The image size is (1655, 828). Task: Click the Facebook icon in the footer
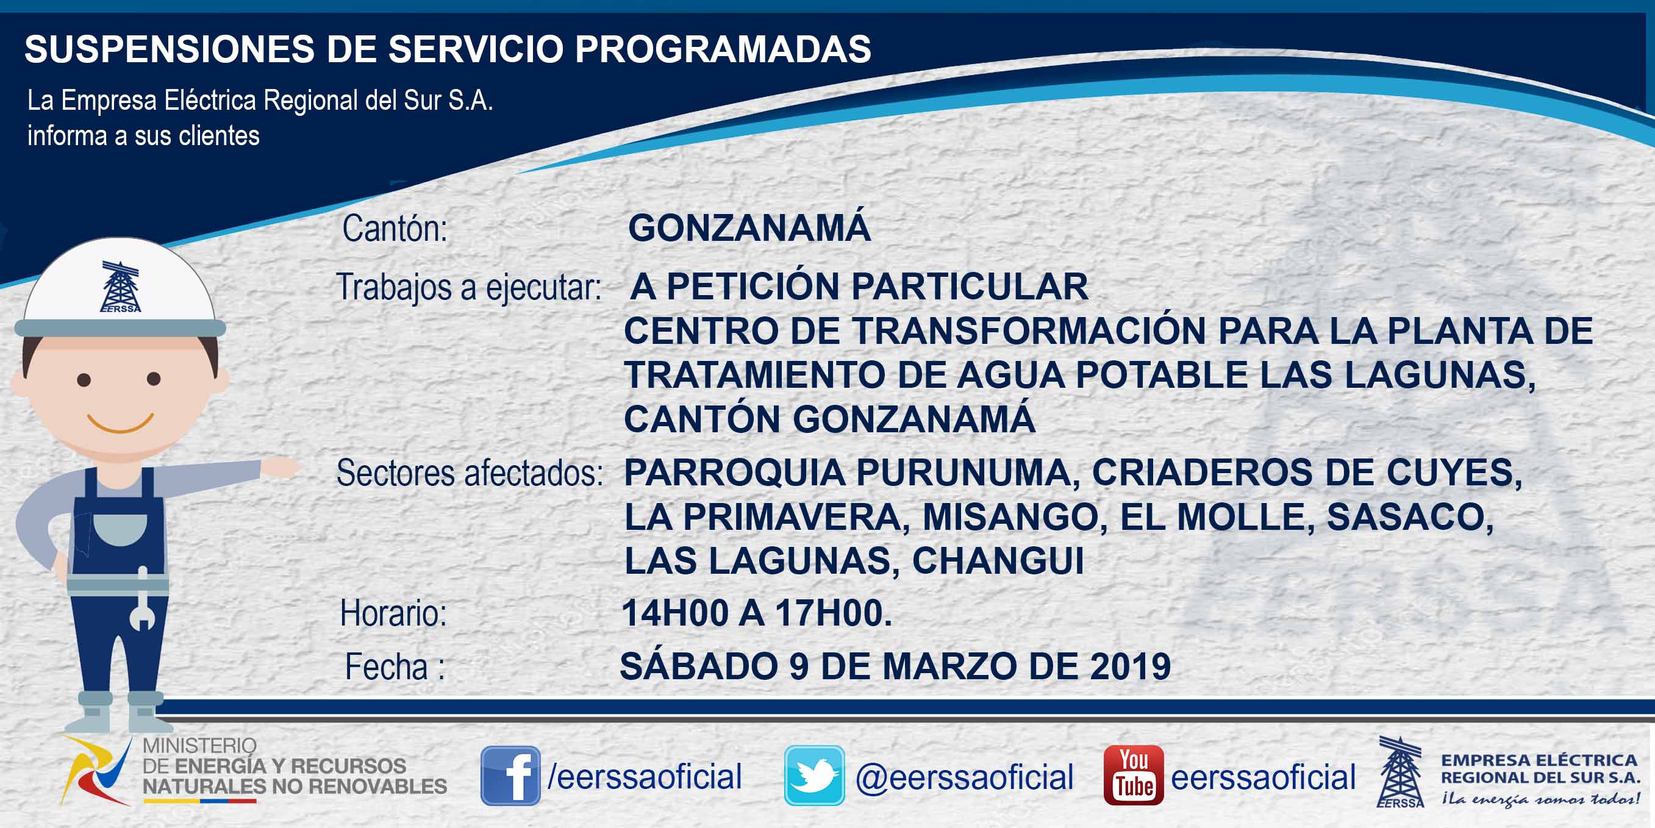point(510,776)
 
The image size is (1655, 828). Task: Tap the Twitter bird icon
point(814,776)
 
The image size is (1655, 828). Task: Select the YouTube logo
point(1133,776)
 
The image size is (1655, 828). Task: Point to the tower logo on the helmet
point(121,287)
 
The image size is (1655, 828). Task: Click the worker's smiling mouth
point(120,423)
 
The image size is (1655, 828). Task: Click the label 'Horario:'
point(393,613)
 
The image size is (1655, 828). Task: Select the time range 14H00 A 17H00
point(757,613)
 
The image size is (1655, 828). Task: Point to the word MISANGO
point(1015,517)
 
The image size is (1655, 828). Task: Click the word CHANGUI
point(998,561)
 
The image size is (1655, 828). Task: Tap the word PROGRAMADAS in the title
point(723,49)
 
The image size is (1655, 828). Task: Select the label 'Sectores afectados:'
point(470,473)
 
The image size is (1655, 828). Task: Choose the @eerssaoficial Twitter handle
point(964,777)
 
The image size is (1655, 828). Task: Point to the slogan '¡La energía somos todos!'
point(1540,799)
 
